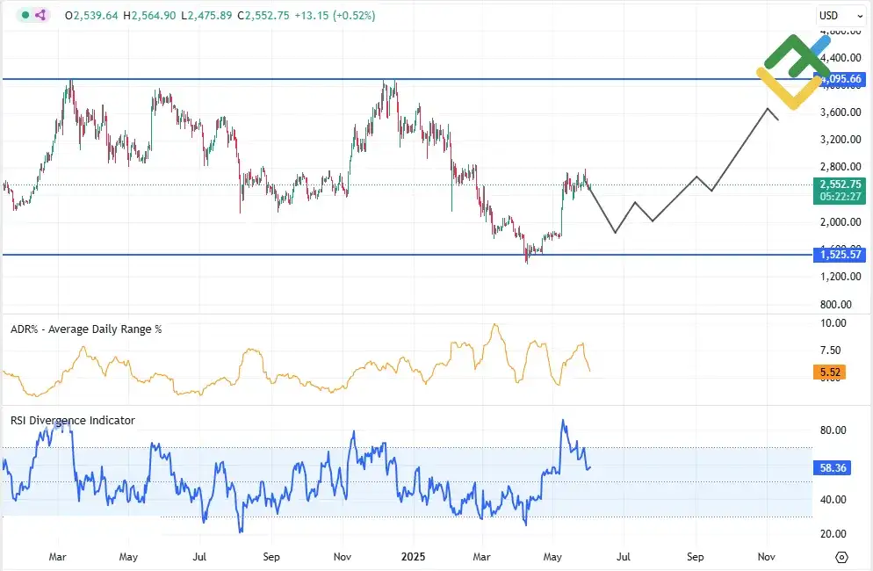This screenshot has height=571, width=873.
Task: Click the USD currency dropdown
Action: pos(833,15)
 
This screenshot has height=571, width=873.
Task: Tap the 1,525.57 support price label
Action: pos(841,255)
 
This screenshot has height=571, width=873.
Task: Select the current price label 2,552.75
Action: pos(841,184)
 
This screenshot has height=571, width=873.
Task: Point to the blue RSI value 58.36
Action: pos(833,468)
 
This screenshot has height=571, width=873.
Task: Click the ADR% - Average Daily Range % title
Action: pos(86,329)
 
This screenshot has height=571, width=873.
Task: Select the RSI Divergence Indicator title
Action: pos(72,421)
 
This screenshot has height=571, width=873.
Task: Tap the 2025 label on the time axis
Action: pos(413,556)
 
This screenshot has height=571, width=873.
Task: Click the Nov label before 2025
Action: pos(343,556)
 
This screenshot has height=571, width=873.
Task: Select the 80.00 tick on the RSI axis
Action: pos(833,430)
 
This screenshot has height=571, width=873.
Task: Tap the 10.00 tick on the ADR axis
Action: pos(833,323)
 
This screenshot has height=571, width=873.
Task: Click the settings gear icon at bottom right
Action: pos(841,557)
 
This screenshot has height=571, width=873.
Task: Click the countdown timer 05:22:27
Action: pos(841,197)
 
